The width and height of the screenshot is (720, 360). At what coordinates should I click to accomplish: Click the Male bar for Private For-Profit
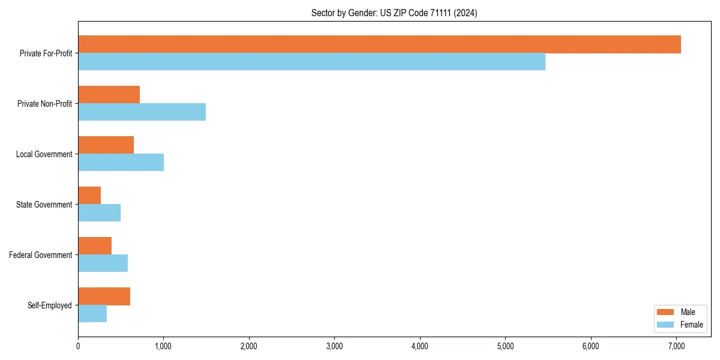(379, 44)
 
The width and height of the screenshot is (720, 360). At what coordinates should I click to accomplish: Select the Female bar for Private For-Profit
(311, 61)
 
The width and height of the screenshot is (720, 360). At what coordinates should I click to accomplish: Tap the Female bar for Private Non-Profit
(142, 112)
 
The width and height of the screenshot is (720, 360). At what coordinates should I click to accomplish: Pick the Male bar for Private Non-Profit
(109, 95)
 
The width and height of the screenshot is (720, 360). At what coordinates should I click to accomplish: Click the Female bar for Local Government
(121, 162)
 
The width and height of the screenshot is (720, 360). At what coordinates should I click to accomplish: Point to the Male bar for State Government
(89, 196)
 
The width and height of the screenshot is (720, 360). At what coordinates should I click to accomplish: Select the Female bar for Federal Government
(103, 263)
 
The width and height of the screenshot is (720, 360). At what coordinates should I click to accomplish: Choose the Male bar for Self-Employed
(104, 296)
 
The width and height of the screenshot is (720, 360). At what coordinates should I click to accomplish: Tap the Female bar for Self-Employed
(92, 313)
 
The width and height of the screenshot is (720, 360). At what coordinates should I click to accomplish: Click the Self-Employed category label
(50, 305)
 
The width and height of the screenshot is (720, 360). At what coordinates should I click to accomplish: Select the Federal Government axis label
(41, 255)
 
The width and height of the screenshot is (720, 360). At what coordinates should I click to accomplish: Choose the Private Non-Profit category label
(44, 104)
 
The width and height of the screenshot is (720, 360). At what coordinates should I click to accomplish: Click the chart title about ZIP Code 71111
(394, 13)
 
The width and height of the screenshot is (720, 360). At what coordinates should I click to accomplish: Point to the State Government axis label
(44, 205)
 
